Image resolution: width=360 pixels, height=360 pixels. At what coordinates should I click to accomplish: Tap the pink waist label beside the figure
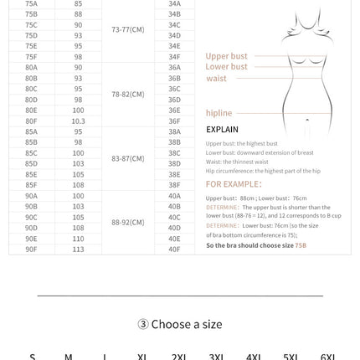click(x=215, y=78)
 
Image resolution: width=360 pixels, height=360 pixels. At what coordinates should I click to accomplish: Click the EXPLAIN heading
click(x=222, y=130)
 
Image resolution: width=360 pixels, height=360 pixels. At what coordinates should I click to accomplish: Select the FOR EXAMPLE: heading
click(x=234, y=183)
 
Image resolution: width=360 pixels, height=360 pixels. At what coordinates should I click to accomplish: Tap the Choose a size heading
click(x=179, y=324)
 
